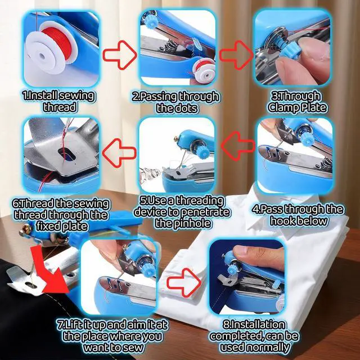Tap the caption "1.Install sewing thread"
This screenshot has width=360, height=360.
click(58, 101)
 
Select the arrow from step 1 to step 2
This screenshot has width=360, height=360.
click(121, 55)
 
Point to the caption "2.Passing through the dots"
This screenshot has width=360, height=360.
click(175, 102)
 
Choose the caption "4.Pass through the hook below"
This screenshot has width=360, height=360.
click(298, 215)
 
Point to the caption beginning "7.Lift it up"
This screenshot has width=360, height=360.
click(112, 336)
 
